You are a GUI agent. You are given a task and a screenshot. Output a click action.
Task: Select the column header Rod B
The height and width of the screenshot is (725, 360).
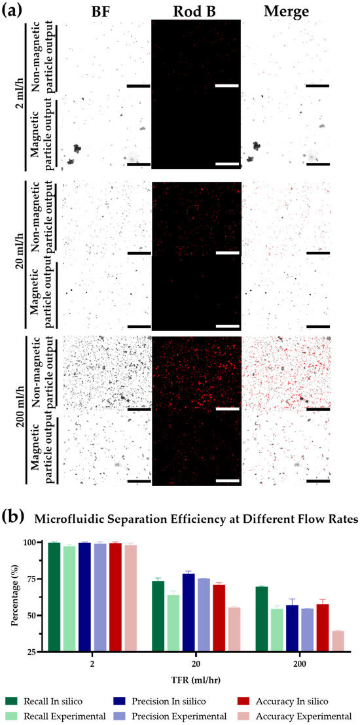[x=196, y=11]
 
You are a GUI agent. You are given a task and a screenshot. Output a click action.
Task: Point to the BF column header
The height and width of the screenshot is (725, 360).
[x=104, y=11]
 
